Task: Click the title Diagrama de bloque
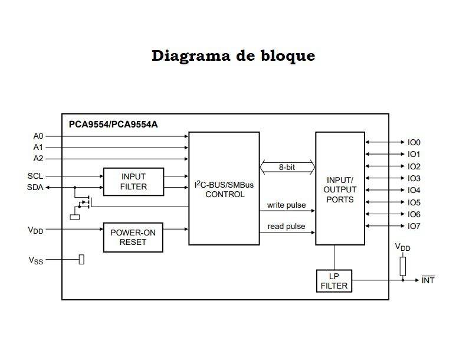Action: tap(233, 56)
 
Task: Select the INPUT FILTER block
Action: tap(133, 182)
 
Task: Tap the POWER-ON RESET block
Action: tap(133, 237)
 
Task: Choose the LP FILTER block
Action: tap(334, 281)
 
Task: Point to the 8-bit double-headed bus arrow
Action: tap(287, 168)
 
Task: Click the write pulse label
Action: tap(286, 205)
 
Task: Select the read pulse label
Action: tap(286, 227)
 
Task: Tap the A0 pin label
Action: tap(38, 136)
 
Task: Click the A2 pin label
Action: tap(38, 158)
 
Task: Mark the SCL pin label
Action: tap(35, 176)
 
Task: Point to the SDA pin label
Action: tap(35, 187)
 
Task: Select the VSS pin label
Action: tap(35, 260)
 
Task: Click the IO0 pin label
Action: tap(414, 142)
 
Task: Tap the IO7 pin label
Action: tap(414, 226)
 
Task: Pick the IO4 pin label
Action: tap(414, 190)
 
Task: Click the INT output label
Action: tap(428, 280)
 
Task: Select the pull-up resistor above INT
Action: tap(403, 266)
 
